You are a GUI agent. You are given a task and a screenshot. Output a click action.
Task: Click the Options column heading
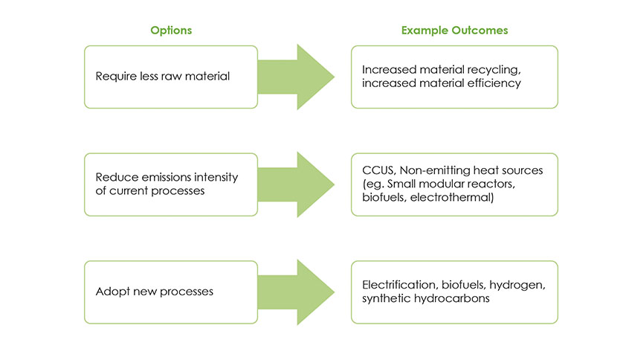point(171,30)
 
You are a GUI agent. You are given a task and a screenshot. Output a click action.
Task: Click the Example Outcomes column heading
point(454,30)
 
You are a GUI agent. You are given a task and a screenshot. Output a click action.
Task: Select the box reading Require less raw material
point(171,77)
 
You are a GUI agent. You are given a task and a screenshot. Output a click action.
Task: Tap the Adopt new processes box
point(171,292)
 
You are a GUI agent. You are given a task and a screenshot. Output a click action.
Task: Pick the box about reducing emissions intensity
point(171,184)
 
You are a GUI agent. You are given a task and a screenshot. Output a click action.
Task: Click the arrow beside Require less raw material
point(304,77)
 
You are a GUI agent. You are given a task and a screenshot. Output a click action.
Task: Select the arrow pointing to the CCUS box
point(304,184)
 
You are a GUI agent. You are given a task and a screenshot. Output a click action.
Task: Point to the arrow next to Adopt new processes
point(304,292)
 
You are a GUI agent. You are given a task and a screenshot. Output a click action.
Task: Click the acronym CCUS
point(377,171)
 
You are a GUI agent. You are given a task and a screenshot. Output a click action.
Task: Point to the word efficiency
point(496,83)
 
